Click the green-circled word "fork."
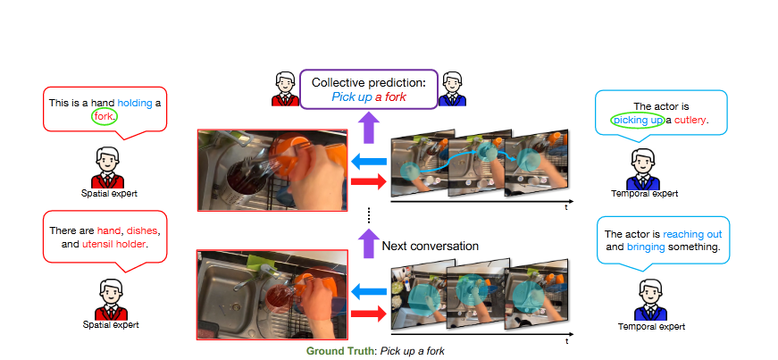point(104,115)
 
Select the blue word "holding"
point(132,102)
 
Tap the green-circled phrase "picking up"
point(637,119)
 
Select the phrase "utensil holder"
point(117,243)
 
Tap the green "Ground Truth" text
point(341,351)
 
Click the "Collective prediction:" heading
point(369,82)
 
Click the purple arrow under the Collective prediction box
point(369,128)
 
